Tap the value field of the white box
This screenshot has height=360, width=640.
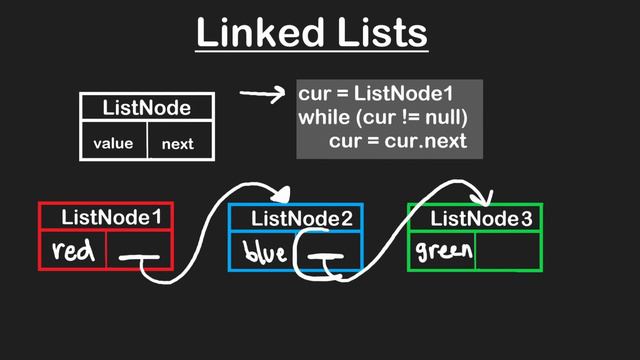coord(113,143)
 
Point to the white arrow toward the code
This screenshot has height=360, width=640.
coord(263,95)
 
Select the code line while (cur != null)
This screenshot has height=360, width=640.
coord(383,117)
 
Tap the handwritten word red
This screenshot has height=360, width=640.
coord(72,250)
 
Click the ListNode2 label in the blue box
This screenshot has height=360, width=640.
coord(301,218)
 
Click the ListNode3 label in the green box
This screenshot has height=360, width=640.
coord(481,218)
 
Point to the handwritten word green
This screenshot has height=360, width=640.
coord(443,251)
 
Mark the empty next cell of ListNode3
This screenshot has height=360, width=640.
coord(508,251)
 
